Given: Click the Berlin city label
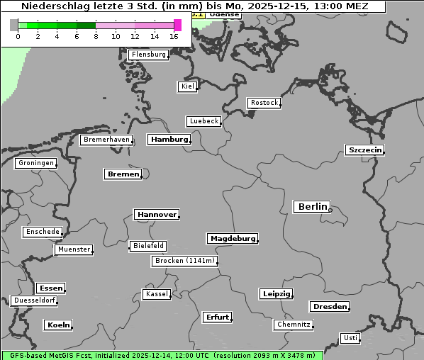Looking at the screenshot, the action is (x=311, y=207).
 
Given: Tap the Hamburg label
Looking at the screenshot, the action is (x=169, y=140).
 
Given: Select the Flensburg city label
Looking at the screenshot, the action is (x=149, y=55).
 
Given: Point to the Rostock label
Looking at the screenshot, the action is (x=264, y=103).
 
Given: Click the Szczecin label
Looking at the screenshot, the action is (x=364, y=150).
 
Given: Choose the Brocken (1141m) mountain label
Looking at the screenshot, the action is (x=184, y=261).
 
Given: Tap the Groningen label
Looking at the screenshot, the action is (x=35, y=163).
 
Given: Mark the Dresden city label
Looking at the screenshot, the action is (x=329, y=307).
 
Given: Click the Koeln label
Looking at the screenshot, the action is (x=58, y=325).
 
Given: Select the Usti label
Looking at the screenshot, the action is (x=350, y=338).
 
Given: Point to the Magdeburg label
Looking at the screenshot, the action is (x=233, y=239).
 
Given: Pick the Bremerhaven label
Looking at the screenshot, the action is (x=106, y=140).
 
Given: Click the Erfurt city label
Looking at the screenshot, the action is (x=217, y=317).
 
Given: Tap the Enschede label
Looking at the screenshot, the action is (x=43, y=232).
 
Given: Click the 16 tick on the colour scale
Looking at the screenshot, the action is (x=174, y=36).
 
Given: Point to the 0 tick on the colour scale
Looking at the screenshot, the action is (x=18, y=36).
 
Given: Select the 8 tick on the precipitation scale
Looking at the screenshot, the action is (x=96, y=36).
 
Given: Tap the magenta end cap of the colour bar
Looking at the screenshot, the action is (x=177, y=25).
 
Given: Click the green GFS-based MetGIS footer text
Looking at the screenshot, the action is (x=162, y=355).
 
